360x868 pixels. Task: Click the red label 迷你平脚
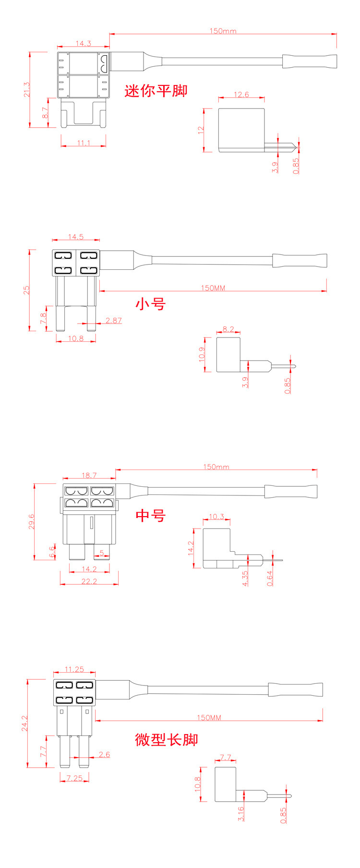click(156, 90)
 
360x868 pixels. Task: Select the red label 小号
click(151, 304)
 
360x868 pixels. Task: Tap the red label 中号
click(151, 515)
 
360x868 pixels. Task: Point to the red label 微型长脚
click(167, 739)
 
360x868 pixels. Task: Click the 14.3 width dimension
click(83, 44)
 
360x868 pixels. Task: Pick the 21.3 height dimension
click(27, 90)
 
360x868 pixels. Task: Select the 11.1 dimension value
click(84, 143)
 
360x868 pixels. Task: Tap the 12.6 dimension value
click(241, 95)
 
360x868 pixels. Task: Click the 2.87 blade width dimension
click(114, 320)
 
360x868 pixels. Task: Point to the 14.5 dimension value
click(76, 237)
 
